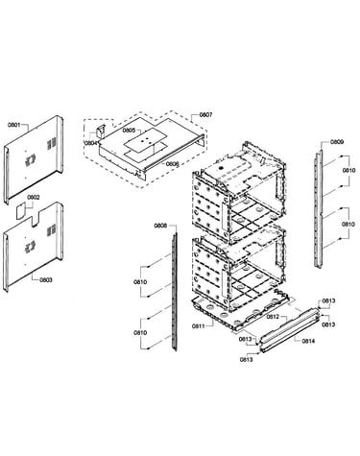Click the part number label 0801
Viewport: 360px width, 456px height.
point(14,125)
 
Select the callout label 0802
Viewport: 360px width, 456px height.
point(34,197)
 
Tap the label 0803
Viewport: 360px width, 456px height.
point(46,280)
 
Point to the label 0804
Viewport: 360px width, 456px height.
point(91,143)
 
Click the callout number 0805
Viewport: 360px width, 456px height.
point(129,131)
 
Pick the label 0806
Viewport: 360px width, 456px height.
point(172,164)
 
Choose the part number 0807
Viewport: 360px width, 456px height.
point(205,114)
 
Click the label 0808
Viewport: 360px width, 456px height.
point(160,226)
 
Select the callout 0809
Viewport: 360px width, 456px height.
point(337,142)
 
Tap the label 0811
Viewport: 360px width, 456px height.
point(199,326)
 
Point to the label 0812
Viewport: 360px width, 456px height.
point(273,317)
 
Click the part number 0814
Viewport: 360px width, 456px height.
point(308,341)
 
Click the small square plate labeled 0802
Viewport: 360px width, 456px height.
point(21,210)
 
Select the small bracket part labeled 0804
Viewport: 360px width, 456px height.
point(101,132)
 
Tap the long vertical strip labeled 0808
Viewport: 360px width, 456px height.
point(174,292)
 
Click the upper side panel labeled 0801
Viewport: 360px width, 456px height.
point(34,158)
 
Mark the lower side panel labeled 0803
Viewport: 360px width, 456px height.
point(34,247)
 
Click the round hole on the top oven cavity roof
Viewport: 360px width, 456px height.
point(220,167)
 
